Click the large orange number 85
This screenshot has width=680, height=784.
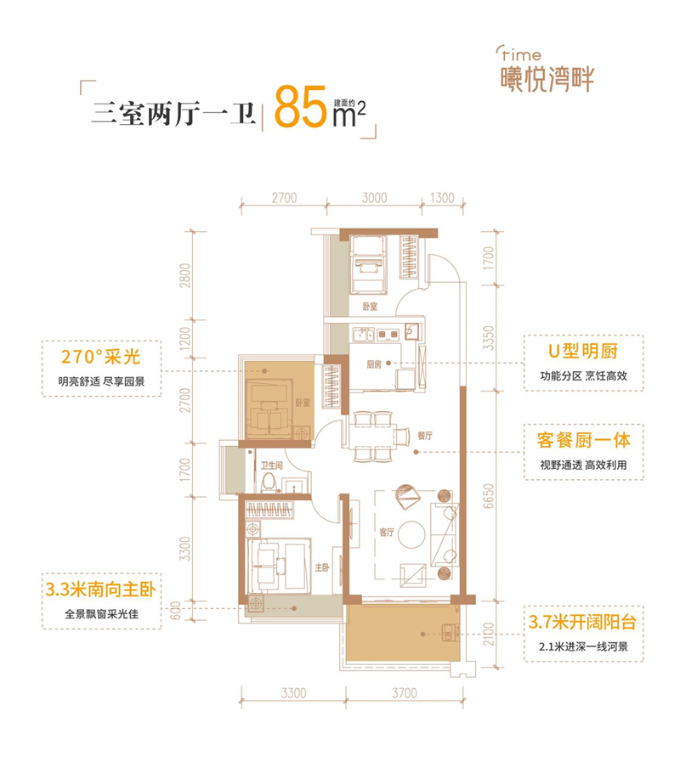tap(301, 107)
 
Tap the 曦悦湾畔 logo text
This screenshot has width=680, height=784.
tap(547, 79)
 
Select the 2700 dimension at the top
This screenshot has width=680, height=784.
tap(284, 198)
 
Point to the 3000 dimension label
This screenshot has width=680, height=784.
tap(374, 198)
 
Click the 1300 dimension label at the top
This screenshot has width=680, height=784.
tap(442, 198)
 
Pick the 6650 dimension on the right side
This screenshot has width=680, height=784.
tap(489, 496)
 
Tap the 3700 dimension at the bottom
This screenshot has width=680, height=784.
tap(405, 693)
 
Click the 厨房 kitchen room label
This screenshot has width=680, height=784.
tap(374, 364)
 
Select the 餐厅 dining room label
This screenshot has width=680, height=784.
tap(425, 436)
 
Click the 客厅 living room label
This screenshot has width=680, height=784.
tap(386, 532)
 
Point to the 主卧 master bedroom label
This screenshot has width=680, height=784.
tap(322, 567)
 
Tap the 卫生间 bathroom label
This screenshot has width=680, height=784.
tap(272, 465)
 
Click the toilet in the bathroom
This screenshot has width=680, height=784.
tap(269, 482)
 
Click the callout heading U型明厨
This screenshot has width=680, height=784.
tap(583, 351)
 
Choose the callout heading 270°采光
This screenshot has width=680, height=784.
tap(100, 357)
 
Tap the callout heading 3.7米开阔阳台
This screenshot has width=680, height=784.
tap(582, 622)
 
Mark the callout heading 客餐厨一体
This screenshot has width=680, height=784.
tap(583, 440)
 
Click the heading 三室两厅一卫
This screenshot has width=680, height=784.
tap(173, 113)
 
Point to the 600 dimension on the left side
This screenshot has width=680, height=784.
tap(174, 611)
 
